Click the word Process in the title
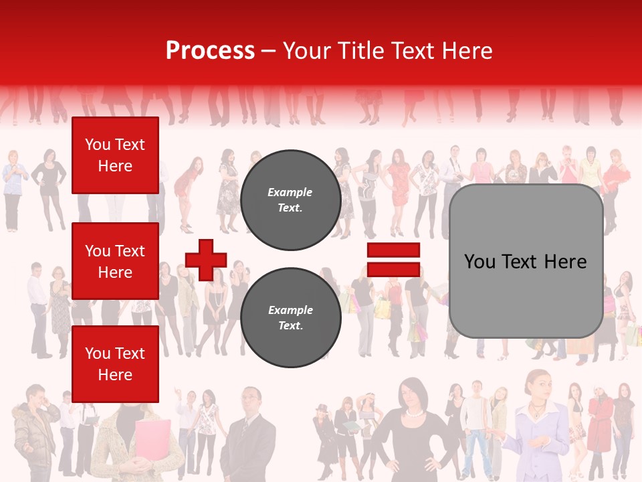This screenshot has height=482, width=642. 210,51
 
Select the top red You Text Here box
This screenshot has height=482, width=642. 115,155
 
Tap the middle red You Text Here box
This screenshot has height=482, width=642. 115,261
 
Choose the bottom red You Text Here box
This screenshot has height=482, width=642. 115,364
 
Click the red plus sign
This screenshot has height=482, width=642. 206,260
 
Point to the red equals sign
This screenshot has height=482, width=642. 393,260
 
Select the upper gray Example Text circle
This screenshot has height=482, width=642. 290,200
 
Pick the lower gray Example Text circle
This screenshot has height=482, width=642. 290,318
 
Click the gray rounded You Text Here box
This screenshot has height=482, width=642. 526,261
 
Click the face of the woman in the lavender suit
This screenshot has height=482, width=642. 539,386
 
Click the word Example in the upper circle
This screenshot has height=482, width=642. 290,192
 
